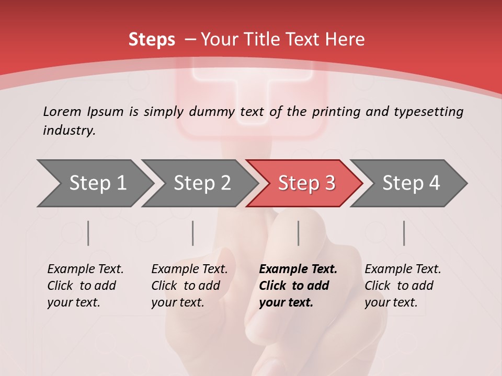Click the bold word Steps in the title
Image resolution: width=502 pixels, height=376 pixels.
coord(152,40)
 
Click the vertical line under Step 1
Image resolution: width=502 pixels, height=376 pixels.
coord(88,233)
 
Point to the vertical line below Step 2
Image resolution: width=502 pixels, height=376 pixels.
coord(193,233)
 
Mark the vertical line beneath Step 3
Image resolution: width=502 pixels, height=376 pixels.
coord(299,233)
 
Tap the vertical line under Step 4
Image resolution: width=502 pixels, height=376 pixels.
coord(404,233)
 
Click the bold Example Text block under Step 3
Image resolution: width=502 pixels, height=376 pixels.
coord(298,286)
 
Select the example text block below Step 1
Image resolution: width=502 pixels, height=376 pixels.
coord(85,286)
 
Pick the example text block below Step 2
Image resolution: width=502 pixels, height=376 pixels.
coord(189,286)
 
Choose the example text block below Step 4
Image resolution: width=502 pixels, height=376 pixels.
coord(403,286)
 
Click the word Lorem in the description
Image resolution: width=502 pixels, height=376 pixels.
coord(62,112)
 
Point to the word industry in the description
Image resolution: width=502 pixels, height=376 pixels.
coord(69,131)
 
